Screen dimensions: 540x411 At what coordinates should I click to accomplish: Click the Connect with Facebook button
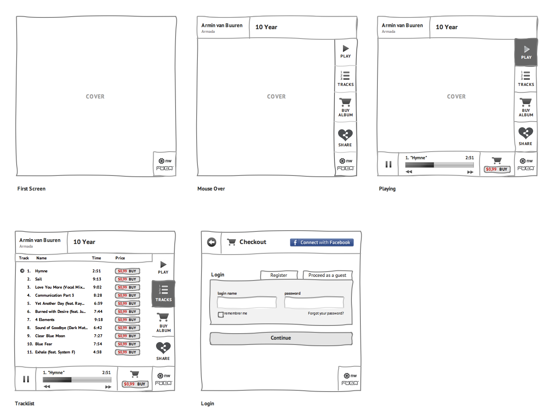coord(321,242)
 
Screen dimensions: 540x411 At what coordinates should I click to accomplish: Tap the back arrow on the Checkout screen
coord(211,242)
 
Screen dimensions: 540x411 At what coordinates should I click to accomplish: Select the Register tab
coord(279,275)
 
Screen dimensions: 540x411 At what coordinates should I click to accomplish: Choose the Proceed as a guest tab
coord(327,275)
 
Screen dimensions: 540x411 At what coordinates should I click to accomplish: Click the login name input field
coord(246,302)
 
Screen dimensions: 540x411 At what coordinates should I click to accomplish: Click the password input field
coord(314,302)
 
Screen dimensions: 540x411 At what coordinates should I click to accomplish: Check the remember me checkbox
coord(221,315)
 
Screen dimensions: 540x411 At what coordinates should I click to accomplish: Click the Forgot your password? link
coord(326,313)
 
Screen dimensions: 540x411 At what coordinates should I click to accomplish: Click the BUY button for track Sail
coord(127,279)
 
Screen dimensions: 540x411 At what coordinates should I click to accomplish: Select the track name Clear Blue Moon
coord(50,336)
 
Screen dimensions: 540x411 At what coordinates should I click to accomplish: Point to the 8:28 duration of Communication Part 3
coord(98,295)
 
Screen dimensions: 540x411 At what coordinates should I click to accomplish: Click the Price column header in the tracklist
coord(120,258)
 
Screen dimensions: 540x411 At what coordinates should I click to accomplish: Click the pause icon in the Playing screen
coord(388,164)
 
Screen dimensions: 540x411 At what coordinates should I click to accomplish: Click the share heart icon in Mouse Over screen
coord(345,135)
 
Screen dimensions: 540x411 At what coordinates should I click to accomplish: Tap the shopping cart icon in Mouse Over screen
coord(345,102)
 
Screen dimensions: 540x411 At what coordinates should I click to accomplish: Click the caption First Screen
coord(31,188)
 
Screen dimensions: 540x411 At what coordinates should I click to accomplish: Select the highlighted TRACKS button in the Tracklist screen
coord(163,293)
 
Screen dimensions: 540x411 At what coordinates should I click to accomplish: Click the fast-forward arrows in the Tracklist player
coord(108,387)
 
